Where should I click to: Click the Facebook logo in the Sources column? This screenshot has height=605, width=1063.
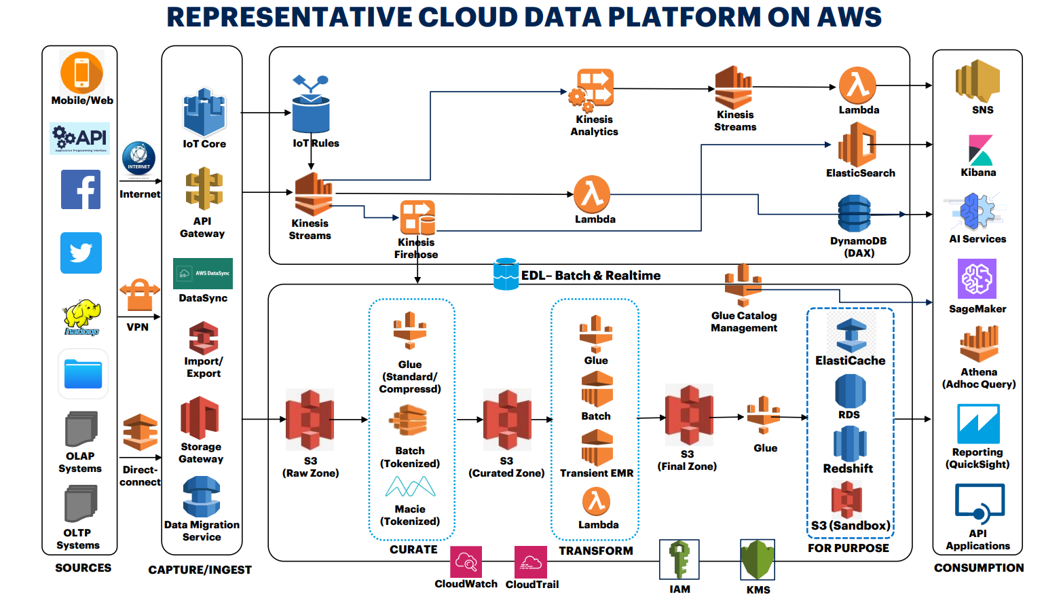(x=81, y=189)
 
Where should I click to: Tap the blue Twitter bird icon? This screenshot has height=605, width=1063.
(x=81, y=253)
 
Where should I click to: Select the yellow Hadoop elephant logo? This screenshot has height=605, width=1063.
(x=81, y=316)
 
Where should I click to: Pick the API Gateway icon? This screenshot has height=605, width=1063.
(x=204, y=189)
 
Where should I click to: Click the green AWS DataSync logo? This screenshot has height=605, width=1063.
(x=203, y=274)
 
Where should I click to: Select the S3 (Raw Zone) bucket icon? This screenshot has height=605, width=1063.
(x=310, y=420)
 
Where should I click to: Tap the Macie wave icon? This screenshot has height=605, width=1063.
(x=410, y=487)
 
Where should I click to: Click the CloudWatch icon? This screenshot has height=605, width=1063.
(x=466, y=562)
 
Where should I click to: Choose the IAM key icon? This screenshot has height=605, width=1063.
(x=679, y=560)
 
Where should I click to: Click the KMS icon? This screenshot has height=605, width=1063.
(x=758, y=560)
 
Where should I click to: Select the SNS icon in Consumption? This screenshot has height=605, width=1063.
(x=977, y=81)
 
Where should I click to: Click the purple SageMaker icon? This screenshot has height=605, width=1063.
(x=977, y=279)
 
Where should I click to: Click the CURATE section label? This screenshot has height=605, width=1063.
(x=413, y=549)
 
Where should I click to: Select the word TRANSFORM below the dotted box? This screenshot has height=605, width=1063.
(x=596, y=551)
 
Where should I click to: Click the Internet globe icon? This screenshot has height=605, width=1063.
(x=138, y=159)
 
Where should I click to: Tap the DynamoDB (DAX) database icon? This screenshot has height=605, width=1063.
(x=854, y=213)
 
